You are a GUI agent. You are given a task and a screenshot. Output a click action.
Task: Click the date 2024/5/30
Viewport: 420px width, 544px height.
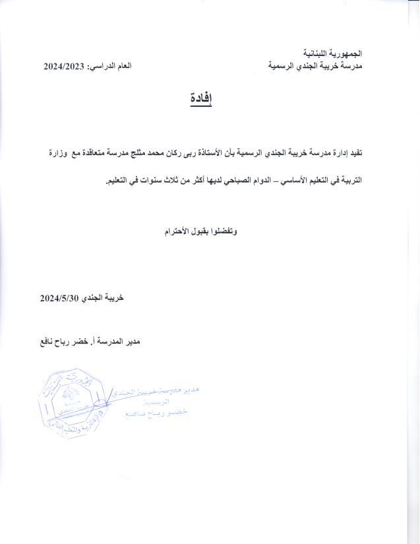tap(59, 297)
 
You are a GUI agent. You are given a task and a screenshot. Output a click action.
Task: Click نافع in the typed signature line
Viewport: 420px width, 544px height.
tap(49, 342)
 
